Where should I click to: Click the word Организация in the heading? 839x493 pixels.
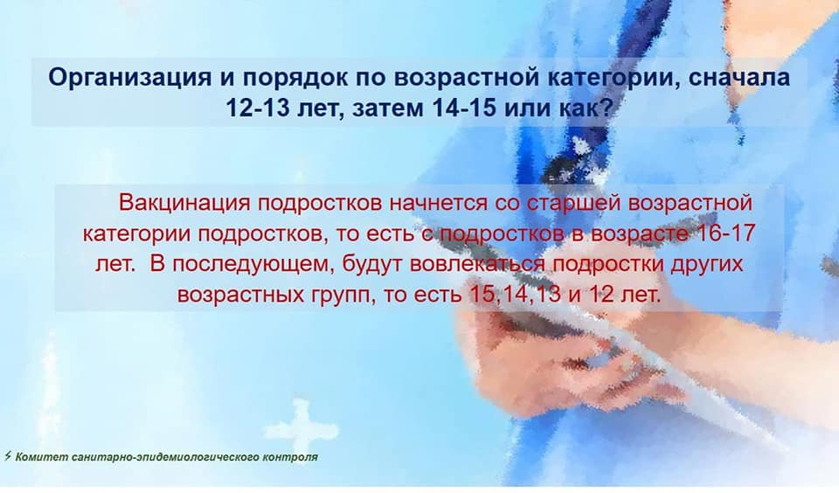(x=129, y=78)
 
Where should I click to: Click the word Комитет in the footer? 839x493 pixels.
(x=42, y=457)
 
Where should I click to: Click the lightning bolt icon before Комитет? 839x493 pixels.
(x=8, y=456)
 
